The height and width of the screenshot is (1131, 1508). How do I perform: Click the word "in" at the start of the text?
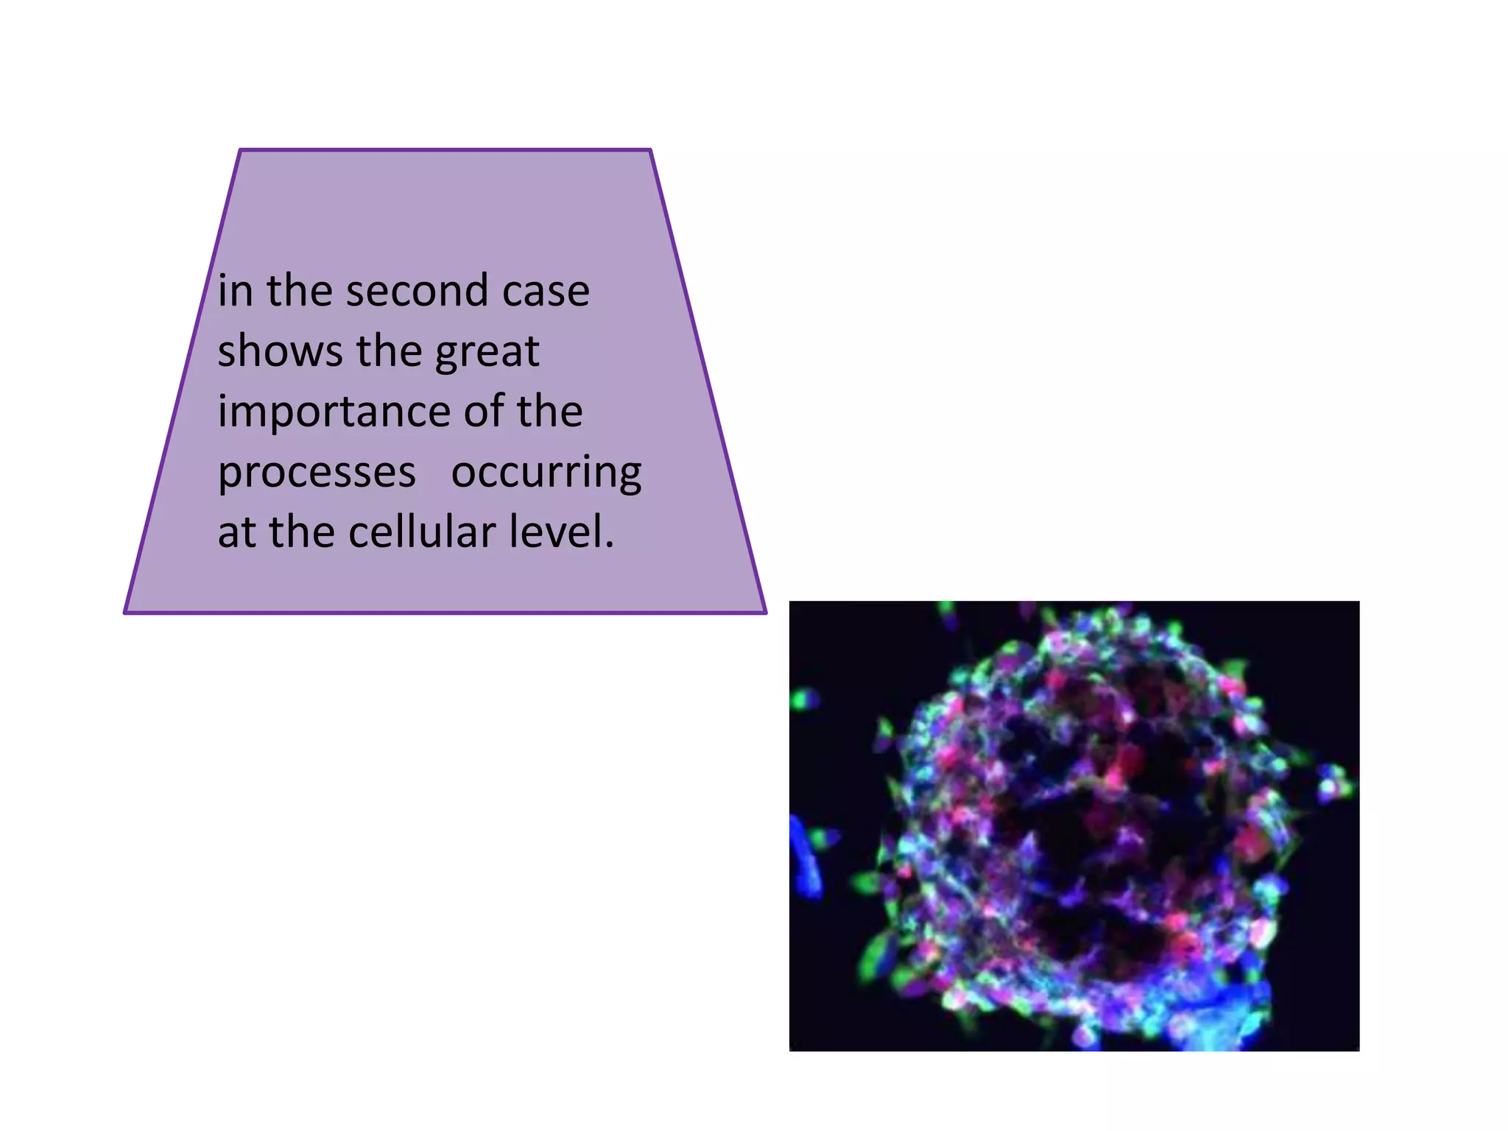click(234, 290)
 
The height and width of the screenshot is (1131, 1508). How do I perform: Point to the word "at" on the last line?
click(237, 533)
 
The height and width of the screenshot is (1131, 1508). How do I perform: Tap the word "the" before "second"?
click(298, 290)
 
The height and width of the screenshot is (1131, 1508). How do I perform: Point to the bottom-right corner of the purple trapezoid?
click(765, 612)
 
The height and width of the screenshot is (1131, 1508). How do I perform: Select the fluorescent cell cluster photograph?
click(1074, 825)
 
